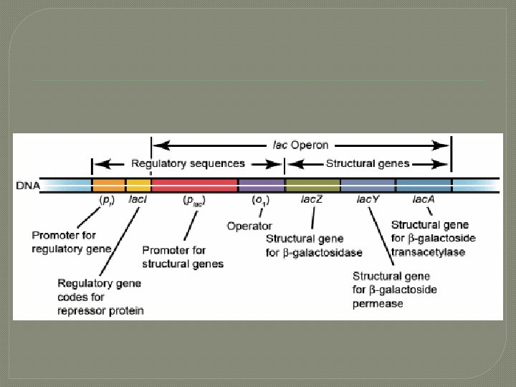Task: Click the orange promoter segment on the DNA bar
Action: (109, 185)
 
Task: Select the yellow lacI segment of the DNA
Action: (138, 185)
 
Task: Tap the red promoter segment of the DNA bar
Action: (194, 185)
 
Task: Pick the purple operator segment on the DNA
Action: (261, 185)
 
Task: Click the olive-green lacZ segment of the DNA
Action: (312, 185)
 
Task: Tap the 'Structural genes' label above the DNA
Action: (368, 163)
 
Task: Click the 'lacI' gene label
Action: (138, 199)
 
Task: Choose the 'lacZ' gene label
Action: (312, 199)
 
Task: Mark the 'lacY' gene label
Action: (368, 199)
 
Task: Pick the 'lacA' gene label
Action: (424, 199)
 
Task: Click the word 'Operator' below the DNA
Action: (249, 226)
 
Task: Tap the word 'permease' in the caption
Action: (378, 303)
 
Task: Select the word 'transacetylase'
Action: (429, 252)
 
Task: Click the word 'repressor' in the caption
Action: (81, 310)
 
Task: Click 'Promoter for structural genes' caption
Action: (183, 257)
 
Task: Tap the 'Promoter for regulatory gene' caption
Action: (72, 242)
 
